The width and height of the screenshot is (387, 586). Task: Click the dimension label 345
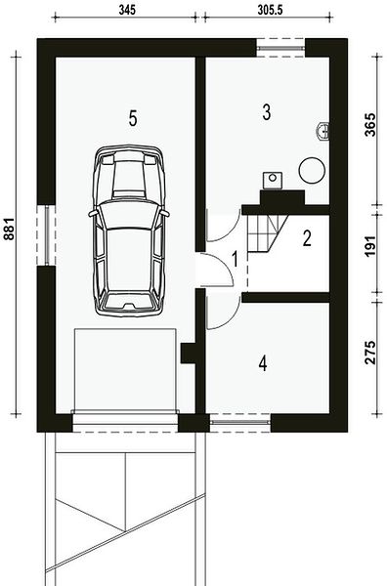point(127,10)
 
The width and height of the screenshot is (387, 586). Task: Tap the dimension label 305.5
point(270,10)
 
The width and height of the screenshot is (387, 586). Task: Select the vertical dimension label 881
point(8,229)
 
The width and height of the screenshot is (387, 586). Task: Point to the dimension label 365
point(369,124)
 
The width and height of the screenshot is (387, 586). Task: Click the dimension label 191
point(369,247)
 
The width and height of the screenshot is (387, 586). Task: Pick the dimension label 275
point(369,353)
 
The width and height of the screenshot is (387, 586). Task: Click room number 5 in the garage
point(133,118)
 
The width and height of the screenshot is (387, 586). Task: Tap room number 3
point(266,112)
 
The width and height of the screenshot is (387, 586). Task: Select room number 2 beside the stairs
point(307,238)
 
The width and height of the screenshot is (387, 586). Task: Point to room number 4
point(263,363)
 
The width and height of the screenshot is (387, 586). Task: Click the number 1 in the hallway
point(235,259)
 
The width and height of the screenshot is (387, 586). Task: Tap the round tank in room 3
point(312,170)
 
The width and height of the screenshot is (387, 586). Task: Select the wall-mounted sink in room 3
point(322,132)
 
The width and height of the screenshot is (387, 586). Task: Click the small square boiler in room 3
point(273,180)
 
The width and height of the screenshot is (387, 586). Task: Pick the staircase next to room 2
point(267,234)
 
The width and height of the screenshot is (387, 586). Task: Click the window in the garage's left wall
point(46,235)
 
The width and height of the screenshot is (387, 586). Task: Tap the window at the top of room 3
point(280,48)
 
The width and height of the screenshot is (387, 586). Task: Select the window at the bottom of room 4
point(239,422)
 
